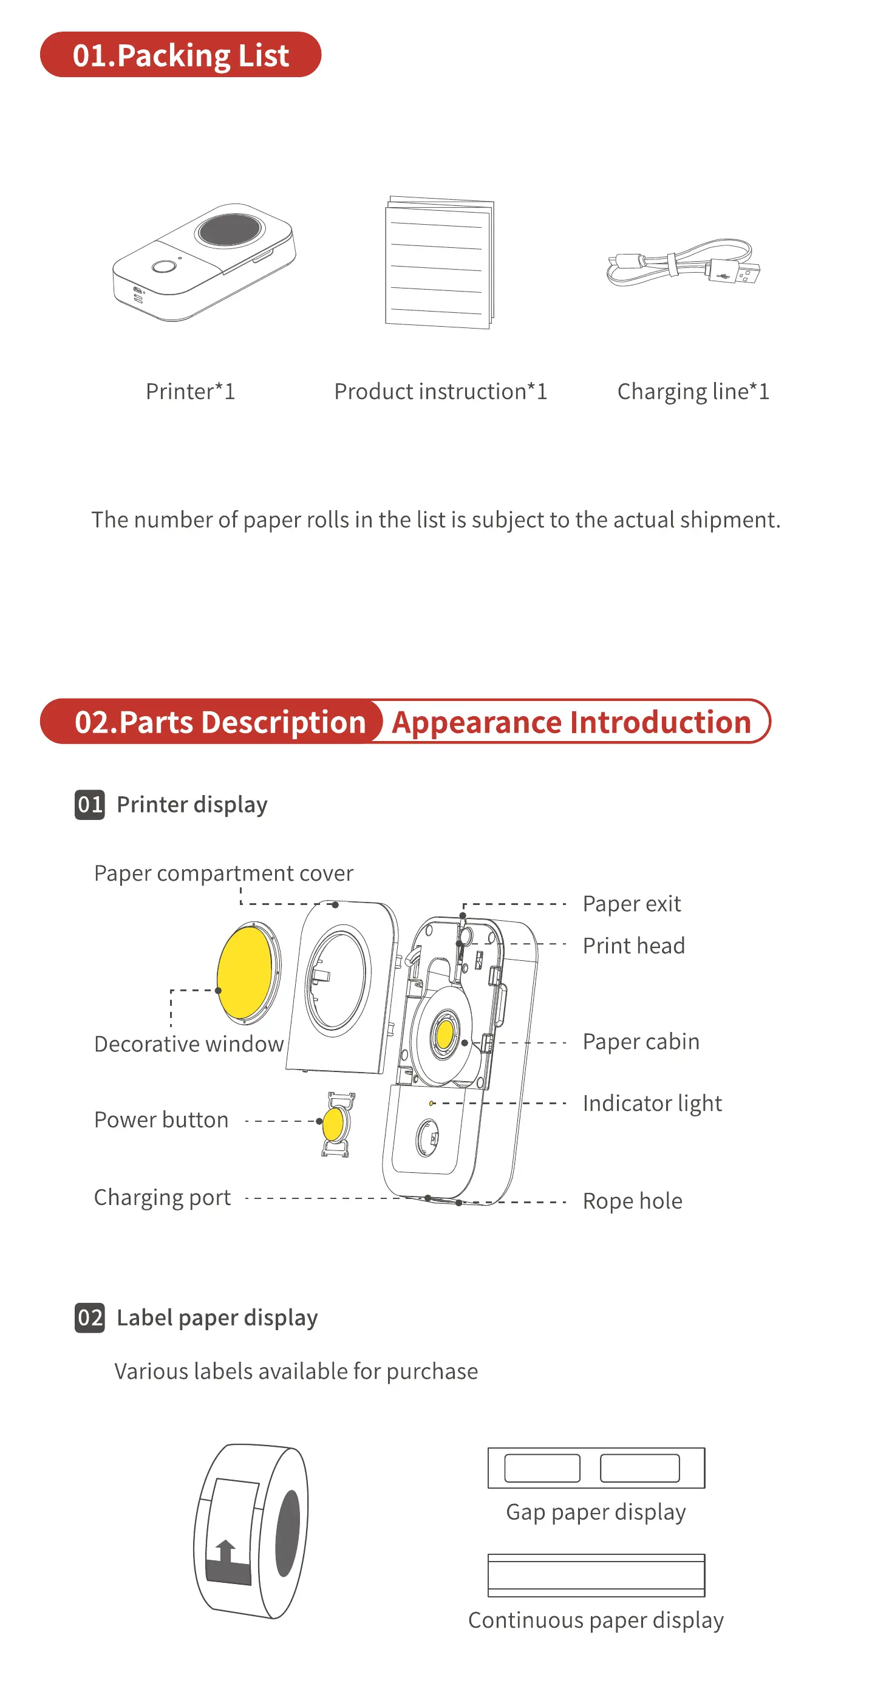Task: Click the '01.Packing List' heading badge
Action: click(x=180, y=55)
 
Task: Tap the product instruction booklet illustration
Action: click(x=438, y=263)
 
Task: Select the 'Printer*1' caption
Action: click(x=190, y=391)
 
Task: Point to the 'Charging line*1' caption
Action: click(x=692, y=391)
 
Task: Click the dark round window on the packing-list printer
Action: click(x=230, y=230)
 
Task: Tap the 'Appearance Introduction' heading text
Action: click(x=571, y=722)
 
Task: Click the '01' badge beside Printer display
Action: click(x=89, y=804)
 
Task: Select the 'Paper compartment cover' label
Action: click(x=223, y=873)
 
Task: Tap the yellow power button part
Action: click(x=333, y=1123)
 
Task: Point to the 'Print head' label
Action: click(x=633, y=946)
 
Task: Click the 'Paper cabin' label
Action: click(x=641, y=1042)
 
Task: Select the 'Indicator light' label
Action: click(x=652, y=1103)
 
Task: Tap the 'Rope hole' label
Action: click(x=632, y=1201)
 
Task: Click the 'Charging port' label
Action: click(x=162, y=1198)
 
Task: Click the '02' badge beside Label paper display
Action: click(x=89, y=1318)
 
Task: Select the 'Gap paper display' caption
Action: click(x=595, y=1512)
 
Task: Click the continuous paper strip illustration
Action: click(x=596, y=1575)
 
